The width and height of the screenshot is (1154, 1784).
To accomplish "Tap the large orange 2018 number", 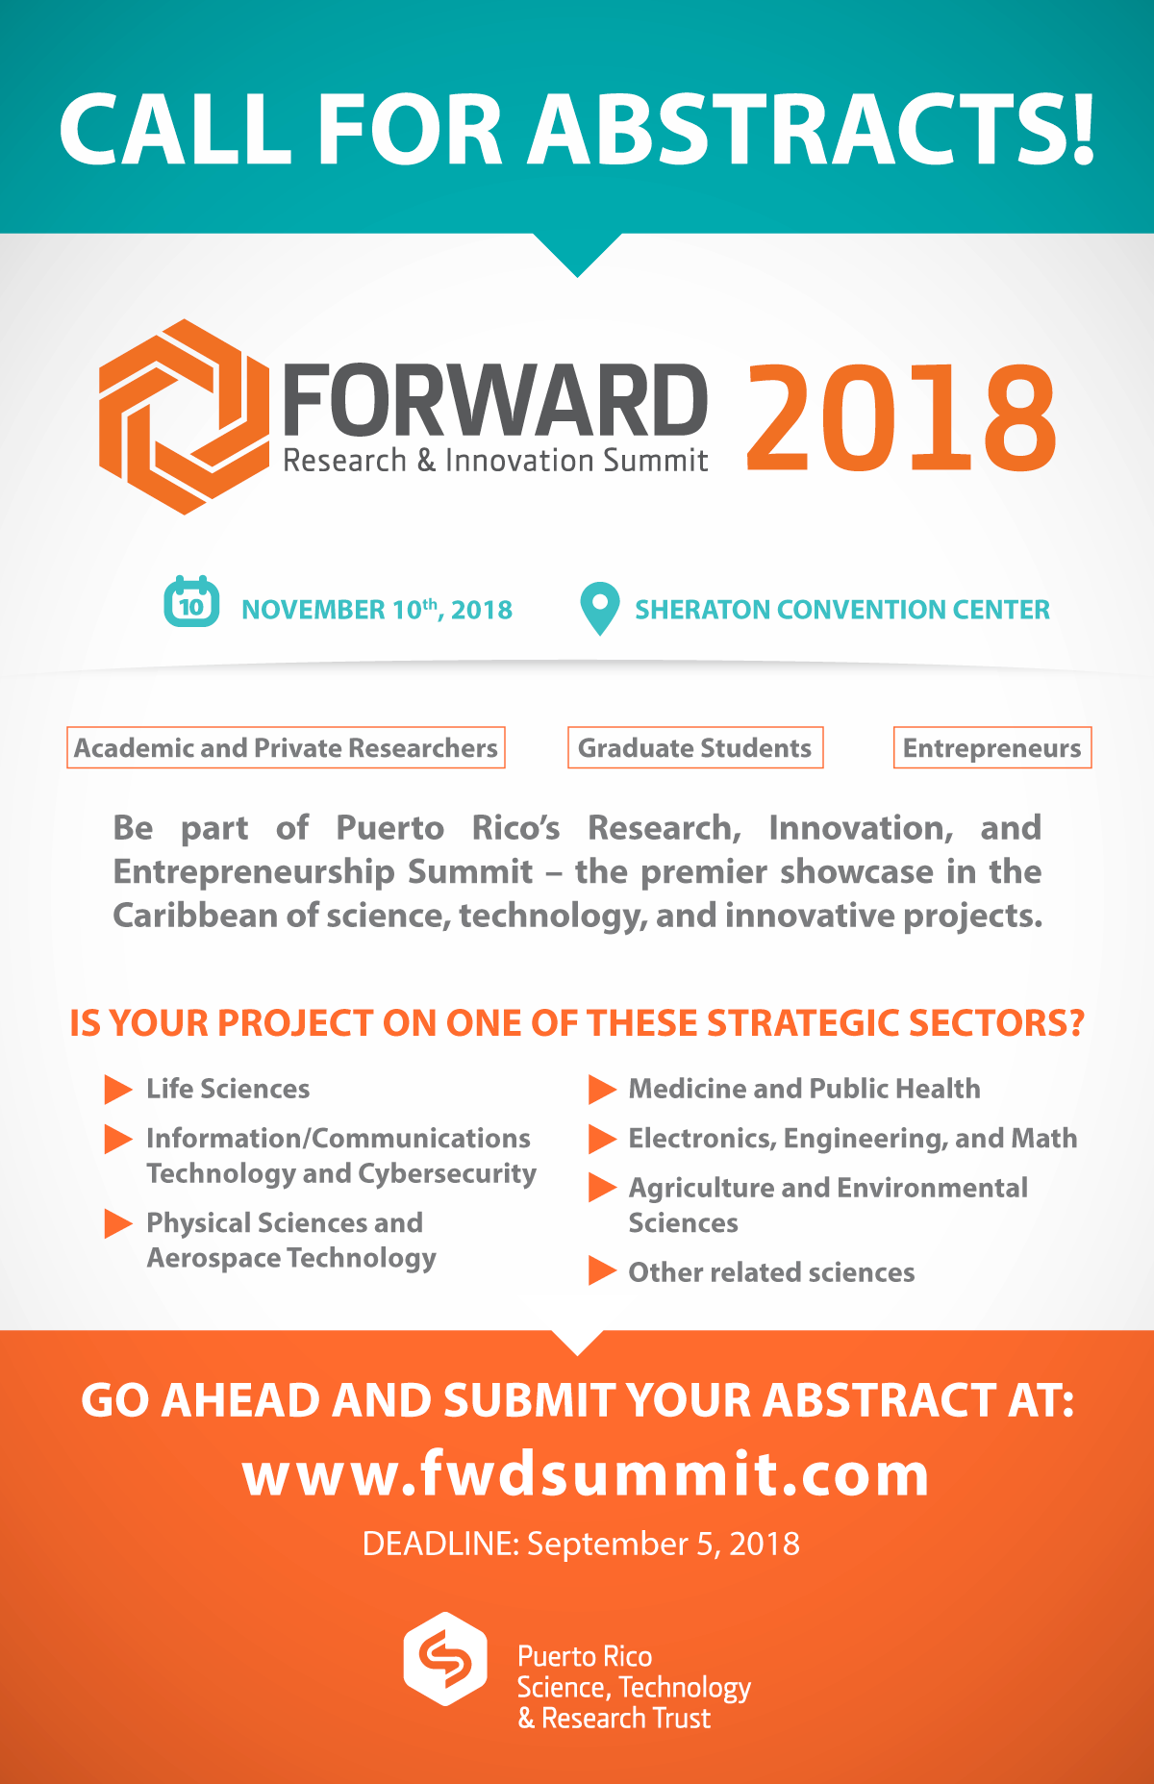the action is pyautogui.click(x=901, y=418).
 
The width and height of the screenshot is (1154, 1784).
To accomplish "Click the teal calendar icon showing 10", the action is pyautogui.click(x=191, y=602).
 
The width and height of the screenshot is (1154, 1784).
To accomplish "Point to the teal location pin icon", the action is pyautogui.click(x=599, y=609).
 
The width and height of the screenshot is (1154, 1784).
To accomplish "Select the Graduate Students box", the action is pyautogui.click(x=695, y=747).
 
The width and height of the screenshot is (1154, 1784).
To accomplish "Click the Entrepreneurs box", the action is pyautogui.click(x=992, y=747).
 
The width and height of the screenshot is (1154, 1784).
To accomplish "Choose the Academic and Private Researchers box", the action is pyautogui.click(x=286, y=747).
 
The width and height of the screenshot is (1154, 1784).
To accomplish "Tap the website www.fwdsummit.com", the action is pyautogui.click(x=586, y=1473).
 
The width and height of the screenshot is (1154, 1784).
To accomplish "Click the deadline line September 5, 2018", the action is pyautogui.click(x=581, y=1544).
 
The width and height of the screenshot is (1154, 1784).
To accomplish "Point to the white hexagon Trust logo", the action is pyautogui.click(x=445, y=1658).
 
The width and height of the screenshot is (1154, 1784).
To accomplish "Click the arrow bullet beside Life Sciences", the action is pyautogui.click(x=117, y=1089).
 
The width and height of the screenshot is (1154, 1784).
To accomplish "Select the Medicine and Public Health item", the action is pyautogui.click(x=804, y=1088).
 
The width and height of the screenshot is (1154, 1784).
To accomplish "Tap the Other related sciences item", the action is pyautogui.click(x=771, y=1272).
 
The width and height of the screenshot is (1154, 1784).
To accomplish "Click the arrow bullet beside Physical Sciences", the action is pyautogui.click(x=117, y=1223).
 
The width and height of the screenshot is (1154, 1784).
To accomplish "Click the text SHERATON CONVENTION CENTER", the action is pyautogui.click(x=842, y=610).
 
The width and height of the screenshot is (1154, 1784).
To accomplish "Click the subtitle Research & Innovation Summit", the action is pyautogui.click(x=495, y=461).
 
